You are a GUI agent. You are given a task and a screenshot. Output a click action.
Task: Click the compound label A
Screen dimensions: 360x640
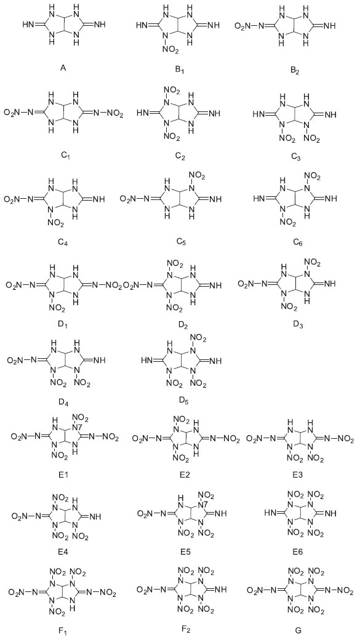click(x=63, y=68)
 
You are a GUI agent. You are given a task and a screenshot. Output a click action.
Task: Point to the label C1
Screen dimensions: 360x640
click(x=62, y=156)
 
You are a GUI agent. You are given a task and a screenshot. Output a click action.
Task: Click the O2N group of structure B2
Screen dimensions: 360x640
click(x=242, y=26)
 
